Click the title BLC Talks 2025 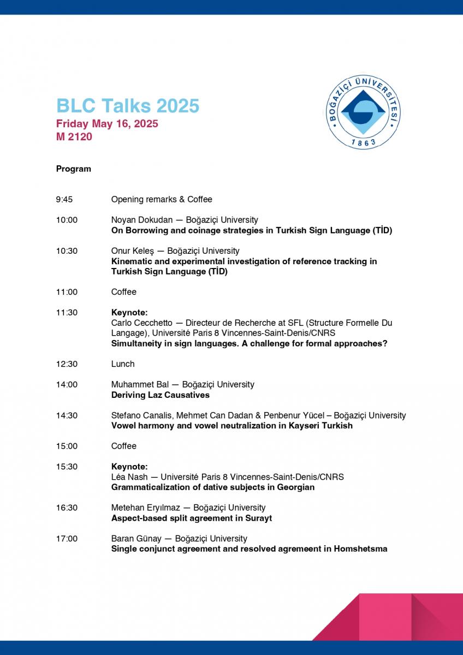pyautogui.click(x=128, y=105)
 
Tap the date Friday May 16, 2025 pyautogui.click(x=107, y=124)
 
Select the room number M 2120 pyautogui.click(x=74, y=137)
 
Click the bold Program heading pyautogui.click(x=74, y=169)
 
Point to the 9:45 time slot pyautogui.click(x=64, y=199)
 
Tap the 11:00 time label pyautogui.click(x=67, y=292)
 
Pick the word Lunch pyautogui.click(x=123, y=364)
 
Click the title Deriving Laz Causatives pyautogui.click(x=161, y=395)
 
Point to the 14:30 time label pyautogui.click(x=67, y=415)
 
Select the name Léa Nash pyautogui.click(x=129, y=477)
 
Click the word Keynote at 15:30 pyautogui.click(x=129, y=467)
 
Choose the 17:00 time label pyautogui.click(x=67, y=539)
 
